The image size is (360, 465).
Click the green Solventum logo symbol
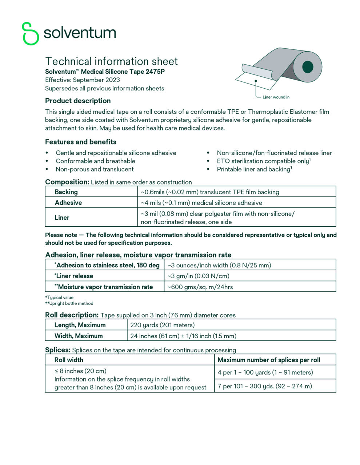(x=31, y=33)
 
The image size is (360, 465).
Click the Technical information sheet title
(x=111, y=61)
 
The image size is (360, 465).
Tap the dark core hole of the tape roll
(x=308, y=67)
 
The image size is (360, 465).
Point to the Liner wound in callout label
(x=276, y=97)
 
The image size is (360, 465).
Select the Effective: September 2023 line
(x=83, y=80)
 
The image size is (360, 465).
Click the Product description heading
(x=78, y=101)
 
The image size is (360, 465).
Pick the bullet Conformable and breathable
(x=95, y=161)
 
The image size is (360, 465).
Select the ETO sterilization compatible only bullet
(x=263, y=161)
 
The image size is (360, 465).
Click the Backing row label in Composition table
(x=66, y=192)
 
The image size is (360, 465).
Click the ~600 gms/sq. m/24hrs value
(x=200, y=287)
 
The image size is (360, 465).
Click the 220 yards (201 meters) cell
(x=162, y=325)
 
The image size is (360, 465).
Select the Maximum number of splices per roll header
(x=269, y=360)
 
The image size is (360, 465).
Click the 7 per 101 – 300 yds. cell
(x=265, y=386)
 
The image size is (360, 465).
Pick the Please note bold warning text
(x=191, y=239)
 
